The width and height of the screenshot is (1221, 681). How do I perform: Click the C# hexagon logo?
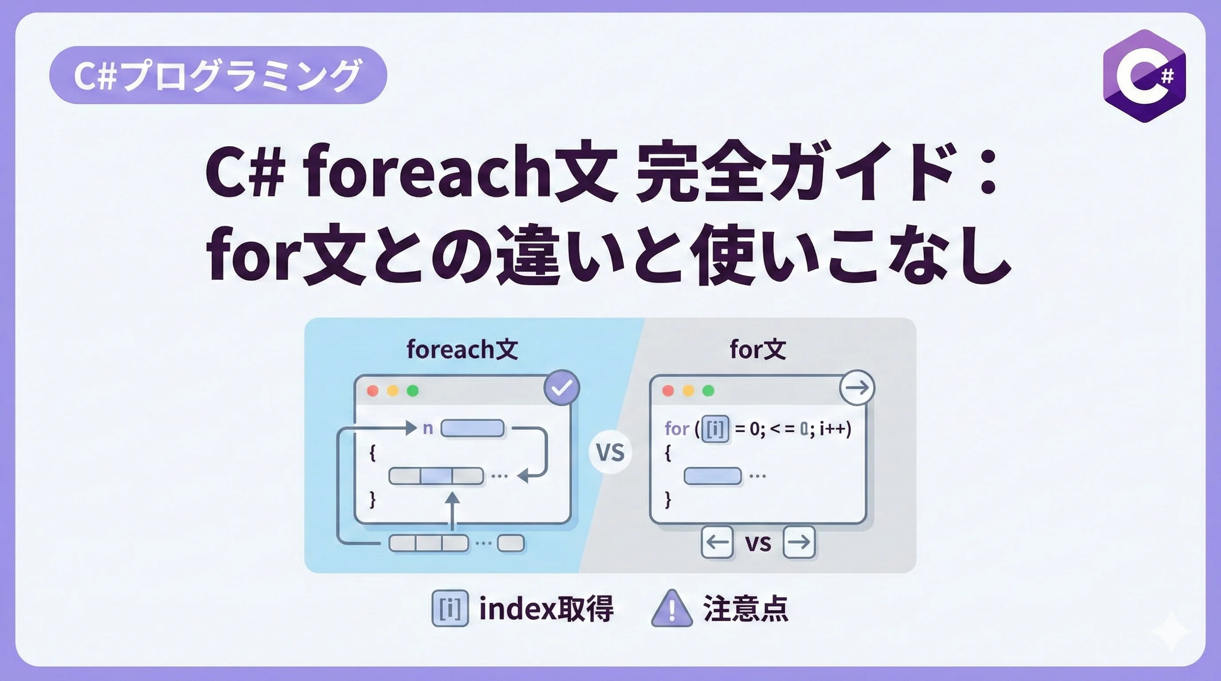(1144, 76)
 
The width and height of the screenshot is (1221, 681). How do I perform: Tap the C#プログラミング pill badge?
(218, 75)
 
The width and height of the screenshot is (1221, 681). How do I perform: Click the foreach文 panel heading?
(462, 349)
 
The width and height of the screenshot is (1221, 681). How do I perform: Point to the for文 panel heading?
(758, 349)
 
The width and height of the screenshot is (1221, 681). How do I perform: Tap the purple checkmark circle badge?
(562, 387)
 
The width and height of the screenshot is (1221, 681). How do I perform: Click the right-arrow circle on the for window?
(857, 387)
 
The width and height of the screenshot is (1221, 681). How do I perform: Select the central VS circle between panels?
(610, 452)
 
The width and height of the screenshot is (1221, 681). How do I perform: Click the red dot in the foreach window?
(373, 391)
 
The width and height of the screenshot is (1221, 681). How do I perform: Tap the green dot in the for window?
(708, 391)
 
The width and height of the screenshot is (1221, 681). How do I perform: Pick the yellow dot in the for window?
(688, 391)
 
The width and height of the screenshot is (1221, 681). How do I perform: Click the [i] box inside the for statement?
(715, 429)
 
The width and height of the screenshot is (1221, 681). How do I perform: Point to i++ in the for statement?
(832, 428)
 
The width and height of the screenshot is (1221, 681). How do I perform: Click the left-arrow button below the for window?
(717, 542)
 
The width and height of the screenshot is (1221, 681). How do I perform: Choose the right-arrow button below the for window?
(799, 542)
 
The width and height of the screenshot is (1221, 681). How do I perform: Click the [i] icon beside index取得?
(450, 609)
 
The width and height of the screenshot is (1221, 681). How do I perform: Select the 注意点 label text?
(745, 609)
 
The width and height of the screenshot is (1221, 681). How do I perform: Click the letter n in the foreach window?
(428, 429)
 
